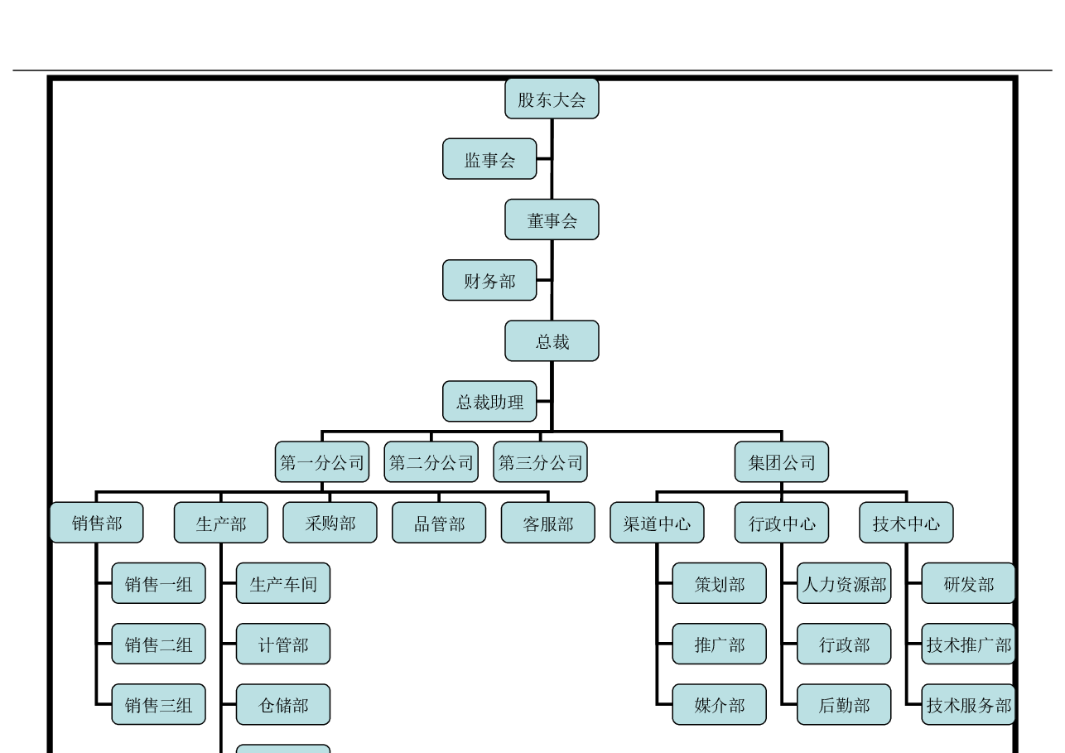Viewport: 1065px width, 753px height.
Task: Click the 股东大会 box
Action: point(552,99)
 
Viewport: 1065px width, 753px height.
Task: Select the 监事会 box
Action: point(489,159)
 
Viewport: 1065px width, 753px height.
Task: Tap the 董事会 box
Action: point(552,220)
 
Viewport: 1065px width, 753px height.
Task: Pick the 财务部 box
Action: point(489,280)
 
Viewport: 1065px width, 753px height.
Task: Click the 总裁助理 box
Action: point(489,402)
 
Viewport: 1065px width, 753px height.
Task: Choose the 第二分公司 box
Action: point(431,462)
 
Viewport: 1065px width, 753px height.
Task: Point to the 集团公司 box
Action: point(782,462)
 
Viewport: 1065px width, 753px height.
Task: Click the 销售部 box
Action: point(97,523)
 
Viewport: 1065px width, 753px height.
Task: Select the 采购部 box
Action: point(330,523)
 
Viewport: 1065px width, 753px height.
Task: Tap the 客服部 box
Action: point(548,523)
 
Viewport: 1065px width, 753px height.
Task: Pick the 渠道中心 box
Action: point(657,523)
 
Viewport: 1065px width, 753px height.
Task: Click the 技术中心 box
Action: point(906,523)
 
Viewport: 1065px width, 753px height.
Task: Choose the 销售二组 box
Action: point(159,644)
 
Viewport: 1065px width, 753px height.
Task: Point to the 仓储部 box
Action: point(283,704)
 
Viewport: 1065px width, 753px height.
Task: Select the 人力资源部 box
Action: point(844,583)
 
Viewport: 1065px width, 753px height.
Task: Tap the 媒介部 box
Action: point(720,704)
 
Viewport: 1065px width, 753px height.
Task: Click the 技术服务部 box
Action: point(968,704)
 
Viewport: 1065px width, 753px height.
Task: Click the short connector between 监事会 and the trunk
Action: point(544,159)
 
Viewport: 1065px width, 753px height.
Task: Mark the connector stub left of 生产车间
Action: point(229,583)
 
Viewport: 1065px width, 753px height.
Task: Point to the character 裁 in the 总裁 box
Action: point(561,342)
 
